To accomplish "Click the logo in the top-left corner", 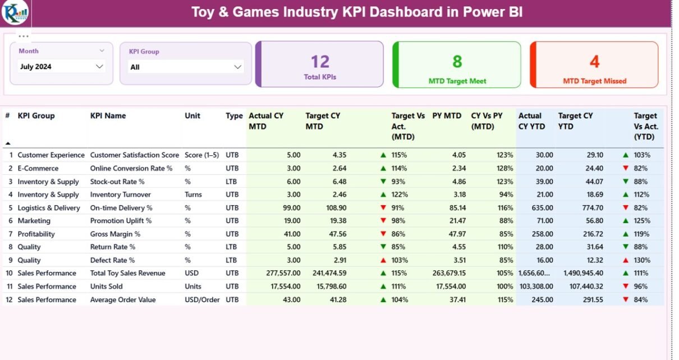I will [15, 13].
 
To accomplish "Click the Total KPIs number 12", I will [320, 62].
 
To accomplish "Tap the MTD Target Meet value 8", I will [457, 61].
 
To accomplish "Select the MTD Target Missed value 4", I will [594, 61].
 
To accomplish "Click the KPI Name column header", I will [108, 116].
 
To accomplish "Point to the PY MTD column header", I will [447, 116].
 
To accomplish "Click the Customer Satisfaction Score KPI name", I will [135, 155].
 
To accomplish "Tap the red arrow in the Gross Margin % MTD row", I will [383, 234].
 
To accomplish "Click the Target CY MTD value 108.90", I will [328, 208].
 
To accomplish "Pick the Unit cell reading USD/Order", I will [202, 300].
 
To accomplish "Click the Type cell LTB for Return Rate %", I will [232, 247].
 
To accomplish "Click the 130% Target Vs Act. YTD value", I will [642, 260].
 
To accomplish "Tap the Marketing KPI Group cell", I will [34, 221].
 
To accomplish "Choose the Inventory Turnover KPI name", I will [121, 195].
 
